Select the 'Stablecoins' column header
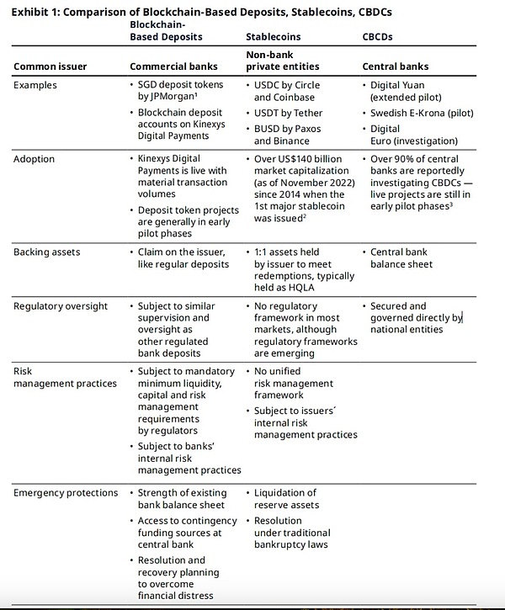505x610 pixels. (273, 38)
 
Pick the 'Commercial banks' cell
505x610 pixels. (174, 66)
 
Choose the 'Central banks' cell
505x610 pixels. (395, 66)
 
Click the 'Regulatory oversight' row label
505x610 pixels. (61, 306)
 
